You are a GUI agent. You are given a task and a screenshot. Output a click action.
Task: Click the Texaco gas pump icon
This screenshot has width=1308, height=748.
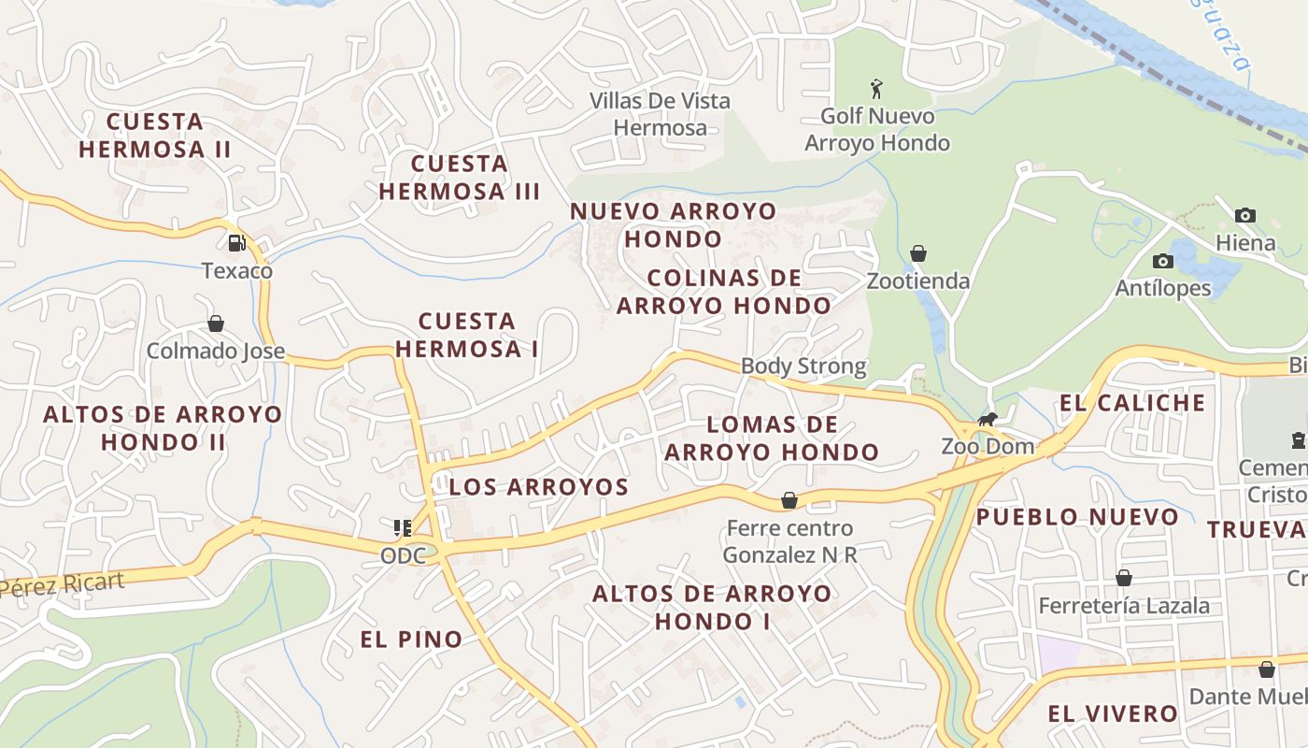tap(237, 243)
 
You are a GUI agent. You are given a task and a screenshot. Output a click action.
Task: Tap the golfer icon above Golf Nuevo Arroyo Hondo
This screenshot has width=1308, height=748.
tap(876, 89)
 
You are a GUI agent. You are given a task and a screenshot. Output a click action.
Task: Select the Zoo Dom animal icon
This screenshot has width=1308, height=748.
tap(988, 419)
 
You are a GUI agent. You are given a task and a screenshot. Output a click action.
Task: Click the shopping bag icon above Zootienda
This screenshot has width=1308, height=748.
tap(918, 253)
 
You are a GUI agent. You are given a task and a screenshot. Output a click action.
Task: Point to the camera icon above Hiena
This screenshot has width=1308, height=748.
tap(1244, 215)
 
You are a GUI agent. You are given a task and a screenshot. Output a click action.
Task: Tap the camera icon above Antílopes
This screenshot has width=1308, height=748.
tap(1163, 261)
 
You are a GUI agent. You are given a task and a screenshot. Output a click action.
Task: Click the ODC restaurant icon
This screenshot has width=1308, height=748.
tap(403, 528)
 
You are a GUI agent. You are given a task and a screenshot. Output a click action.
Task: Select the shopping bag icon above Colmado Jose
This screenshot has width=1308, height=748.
tap(216, 324)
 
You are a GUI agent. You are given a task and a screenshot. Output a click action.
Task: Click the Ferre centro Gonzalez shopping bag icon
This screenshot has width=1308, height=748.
tap(789, 500)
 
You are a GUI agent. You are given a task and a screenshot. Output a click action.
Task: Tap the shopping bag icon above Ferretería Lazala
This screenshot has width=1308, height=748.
tap(1124, 578)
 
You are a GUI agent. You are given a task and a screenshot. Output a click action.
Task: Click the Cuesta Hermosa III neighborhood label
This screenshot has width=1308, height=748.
tap(460, 178)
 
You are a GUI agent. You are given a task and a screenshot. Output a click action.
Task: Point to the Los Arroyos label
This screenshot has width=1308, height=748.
tap(539, 487)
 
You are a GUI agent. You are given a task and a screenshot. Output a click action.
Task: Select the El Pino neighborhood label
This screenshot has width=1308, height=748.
tap(412, 640)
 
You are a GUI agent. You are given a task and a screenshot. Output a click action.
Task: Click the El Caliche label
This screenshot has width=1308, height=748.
tap(1132, 403)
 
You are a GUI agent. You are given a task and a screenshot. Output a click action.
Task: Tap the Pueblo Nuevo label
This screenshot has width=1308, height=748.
tap(1078, 517)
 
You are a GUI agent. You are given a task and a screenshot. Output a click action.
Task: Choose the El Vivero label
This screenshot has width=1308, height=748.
tap(1113, 714)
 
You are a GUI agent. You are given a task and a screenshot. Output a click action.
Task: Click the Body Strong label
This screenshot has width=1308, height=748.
tap(803, 366)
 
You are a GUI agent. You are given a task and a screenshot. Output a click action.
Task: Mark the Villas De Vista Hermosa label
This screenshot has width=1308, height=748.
tap(660, 114)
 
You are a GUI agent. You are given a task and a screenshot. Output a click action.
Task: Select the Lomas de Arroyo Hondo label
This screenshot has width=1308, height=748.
tap(772, 439)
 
